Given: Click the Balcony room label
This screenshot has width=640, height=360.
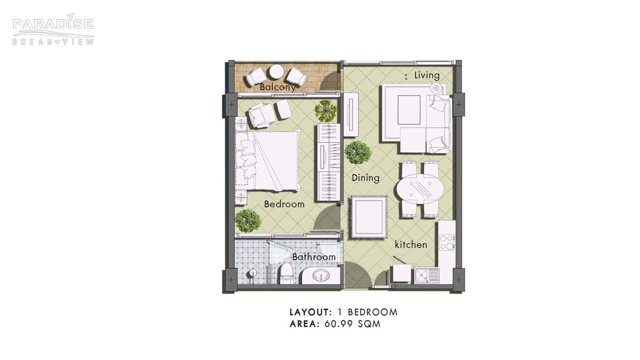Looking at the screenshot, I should (277, 87).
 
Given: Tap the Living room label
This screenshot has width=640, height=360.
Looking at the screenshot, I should (427, 75).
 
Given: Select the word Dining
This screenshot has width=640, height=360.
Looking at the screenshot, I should (365, 178).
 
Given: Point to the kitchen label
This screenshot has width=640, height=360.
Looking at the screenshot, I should (411, 245).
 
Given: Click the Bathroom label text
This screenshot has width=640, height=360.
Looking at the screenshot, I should (314, 257).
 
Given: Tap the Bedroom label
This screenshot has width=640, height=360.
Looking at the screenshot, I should (284, 204).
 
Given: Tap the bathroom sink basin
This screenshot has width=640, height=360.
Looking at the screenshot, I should (321, 276).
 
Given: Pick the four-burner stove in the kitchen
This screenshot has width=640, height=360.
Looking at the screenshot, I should (447, 242).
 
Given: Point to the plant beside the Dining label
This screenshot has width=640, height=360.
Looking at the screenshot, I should (358, 152).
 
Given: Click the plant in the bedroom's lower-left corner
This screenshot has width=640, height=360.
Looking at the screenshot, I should (247, 221).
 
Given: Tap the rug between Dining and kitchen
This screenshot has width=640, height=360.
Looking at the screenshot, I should (369, 217).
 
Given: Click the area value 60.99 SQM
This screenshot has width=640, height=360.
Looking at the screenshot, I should (352, 324).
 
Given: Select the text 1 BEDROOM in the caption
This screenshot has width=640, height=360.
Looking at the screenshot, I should (367, 312).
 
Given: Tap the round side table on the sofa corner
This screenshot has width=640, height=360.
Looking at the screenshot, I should (435, 88).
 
